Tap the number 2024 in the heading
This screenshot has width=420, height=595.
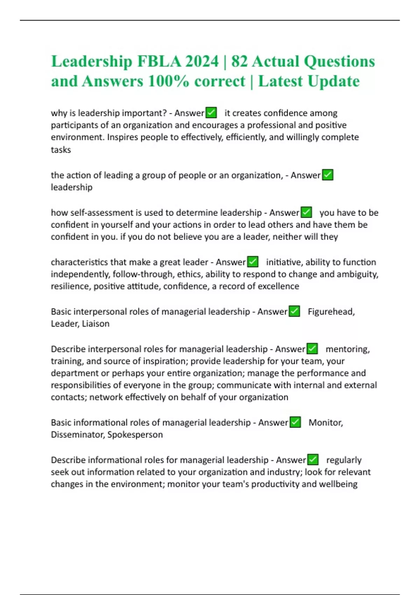(202, 62)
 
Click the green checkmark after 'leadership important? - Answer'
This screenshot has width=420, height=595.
(211, 113)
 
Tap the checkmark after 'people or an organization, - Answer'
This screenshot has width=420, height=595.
(327, 175)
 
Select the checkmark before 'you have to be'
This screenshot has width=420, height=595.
(306, 212)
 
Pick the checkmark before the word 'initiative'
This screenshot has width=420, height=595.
(253, 262)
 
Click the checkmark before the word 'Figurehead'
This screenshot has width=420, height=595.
(294, 311)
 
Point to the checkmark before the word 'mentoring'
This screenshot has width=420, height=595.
(312, 349)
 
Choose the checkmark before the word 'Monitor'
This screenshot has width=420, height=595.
(295, 422)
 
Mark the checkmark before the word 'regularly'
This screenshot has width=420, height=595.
(313, 460)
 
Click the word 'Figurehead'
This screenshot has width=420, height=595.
(331, 311)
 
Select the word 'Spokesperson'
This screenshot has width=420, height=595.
(135, 435)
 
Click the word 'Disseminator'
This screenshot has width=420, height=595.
(77, 435)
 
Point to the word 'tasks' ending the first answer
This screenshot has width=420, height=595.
(61, 150)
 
